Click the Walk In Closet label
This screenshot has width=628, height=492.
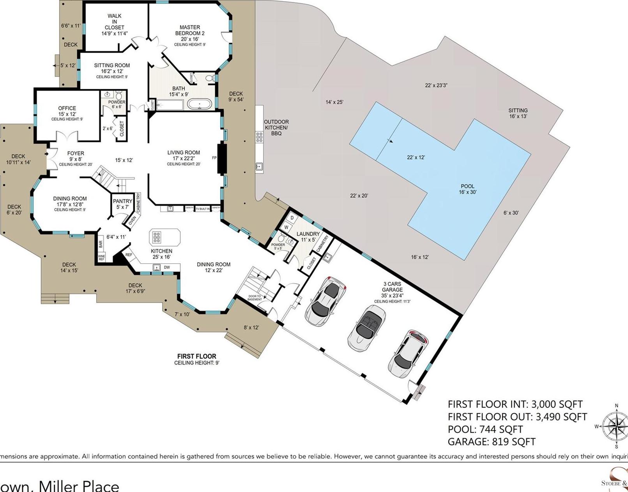click(114, 25)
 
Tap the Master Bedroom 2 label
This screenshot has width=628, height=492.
click(190, 34)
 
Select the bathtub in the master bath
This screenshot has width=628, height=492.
click(200, 104)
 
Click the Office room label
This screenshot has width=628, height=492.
click(67, 111)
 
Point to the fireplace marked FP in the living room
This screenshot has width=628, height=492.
click(222, 158)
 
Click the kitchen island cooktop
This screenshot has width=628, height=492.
click(157, 237)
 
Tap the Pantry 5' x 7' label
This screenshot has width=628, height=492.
click(122, 204)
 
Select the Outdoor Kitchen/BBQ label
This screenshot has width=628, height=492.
click(276, 127)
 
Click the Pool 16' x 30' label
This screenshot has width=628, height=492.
click(467, 189)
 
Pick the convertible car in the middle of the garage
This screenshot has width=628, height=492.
click(366, 327)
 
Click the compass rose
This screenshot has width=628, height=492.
click(615, 426)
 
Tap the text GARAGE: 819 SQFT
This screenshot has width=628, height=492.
click(491, 442)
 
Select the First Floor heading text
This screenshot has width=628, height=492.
click(196, 356)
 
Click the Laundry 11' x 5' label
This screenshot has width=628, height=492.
click(308, 236)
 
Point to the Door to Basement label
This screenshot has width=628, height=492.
click(255, 298)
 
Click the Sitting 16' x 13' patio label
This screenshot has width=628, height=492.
click(518, 113)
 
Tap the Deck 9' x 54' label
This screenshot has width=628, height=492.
click(236, 96)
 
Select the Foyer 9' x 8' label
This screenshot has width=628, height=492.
click(76, 156)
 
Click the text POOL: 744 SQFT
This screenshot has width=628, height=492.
click(485, 429)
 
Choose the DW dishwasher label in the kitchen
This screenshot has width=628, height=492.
click(167, 267)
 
